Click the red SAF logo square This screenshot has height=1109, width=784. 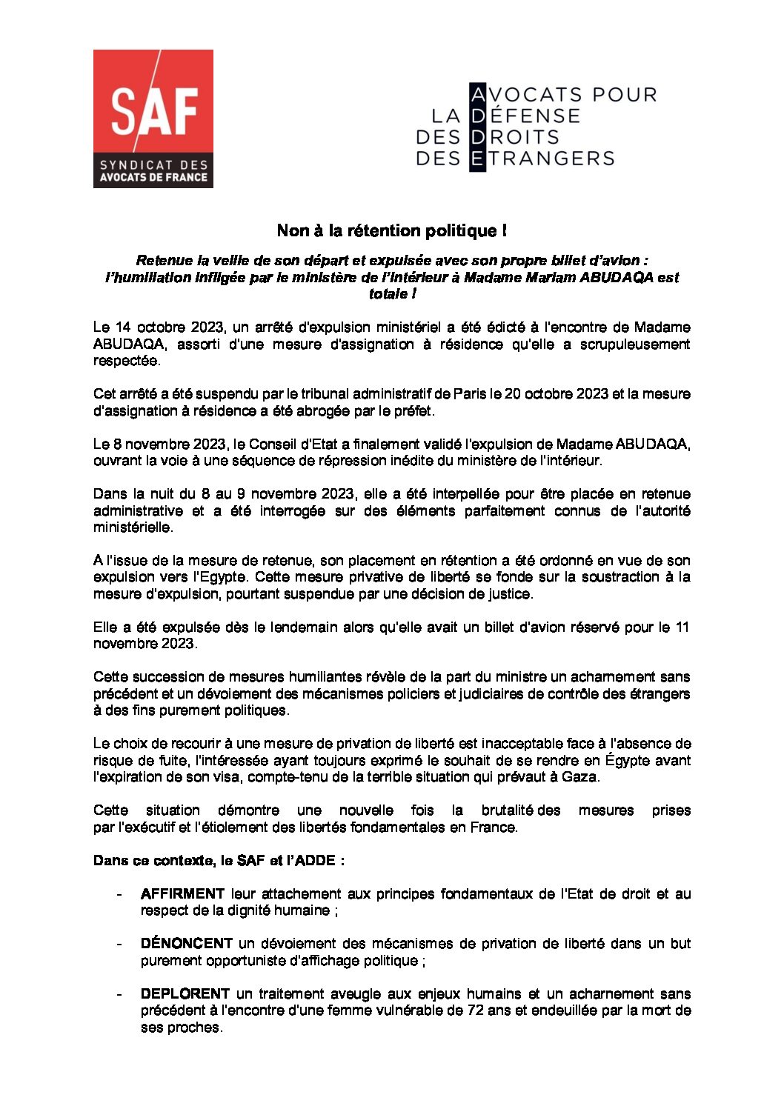(153, 119)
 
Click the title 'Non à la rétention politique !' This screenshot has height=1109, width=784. (391, 230)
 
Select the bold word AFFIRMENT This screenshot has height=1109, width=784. (182, 894)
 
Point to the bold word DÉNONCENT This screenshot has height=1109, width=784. (187, 944)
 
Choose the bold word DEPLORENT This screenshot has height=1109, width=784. (185, 993)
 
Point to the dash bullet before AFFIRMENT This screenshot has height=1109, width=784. (119, 894)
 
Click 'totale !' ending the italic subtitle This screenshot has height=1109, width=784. (391, 294)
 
